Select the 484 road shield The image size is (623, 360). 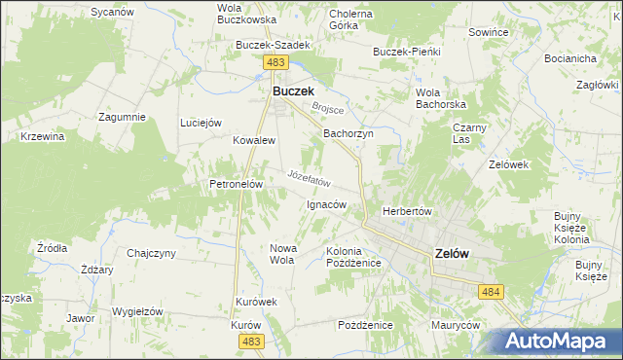pyautogui.click(x=490, y=291)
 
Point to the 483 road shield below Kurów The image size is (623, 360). pyautogui.click(x=252, y=341)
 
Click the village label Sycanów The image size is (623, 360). pyautogui.click(x=111, y=12)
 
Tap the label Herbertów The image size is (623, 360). pyautogui.click(x=407, y=211)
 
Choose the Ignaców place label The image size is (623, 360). pyautogui.click(x=326, y=205)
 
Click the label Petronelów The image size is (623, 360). pyautogui.click(x=232, y=183)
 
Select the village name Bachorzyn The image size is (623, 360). pyautogui.click(x=348, y=133)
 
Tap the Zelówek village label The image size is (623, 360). pyautogui.click(x=508, y=164)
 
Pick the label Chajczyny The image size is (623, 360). pyautogui.click(x=151, y=254)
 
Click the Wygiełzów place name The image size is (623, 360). pyautogui.click(x=136, y=311)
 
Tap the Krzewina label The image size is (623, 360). pyautogui.click(x=42, y=137)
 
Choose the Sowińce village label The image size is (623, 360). pyautogui.click(x=489, y=32)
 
